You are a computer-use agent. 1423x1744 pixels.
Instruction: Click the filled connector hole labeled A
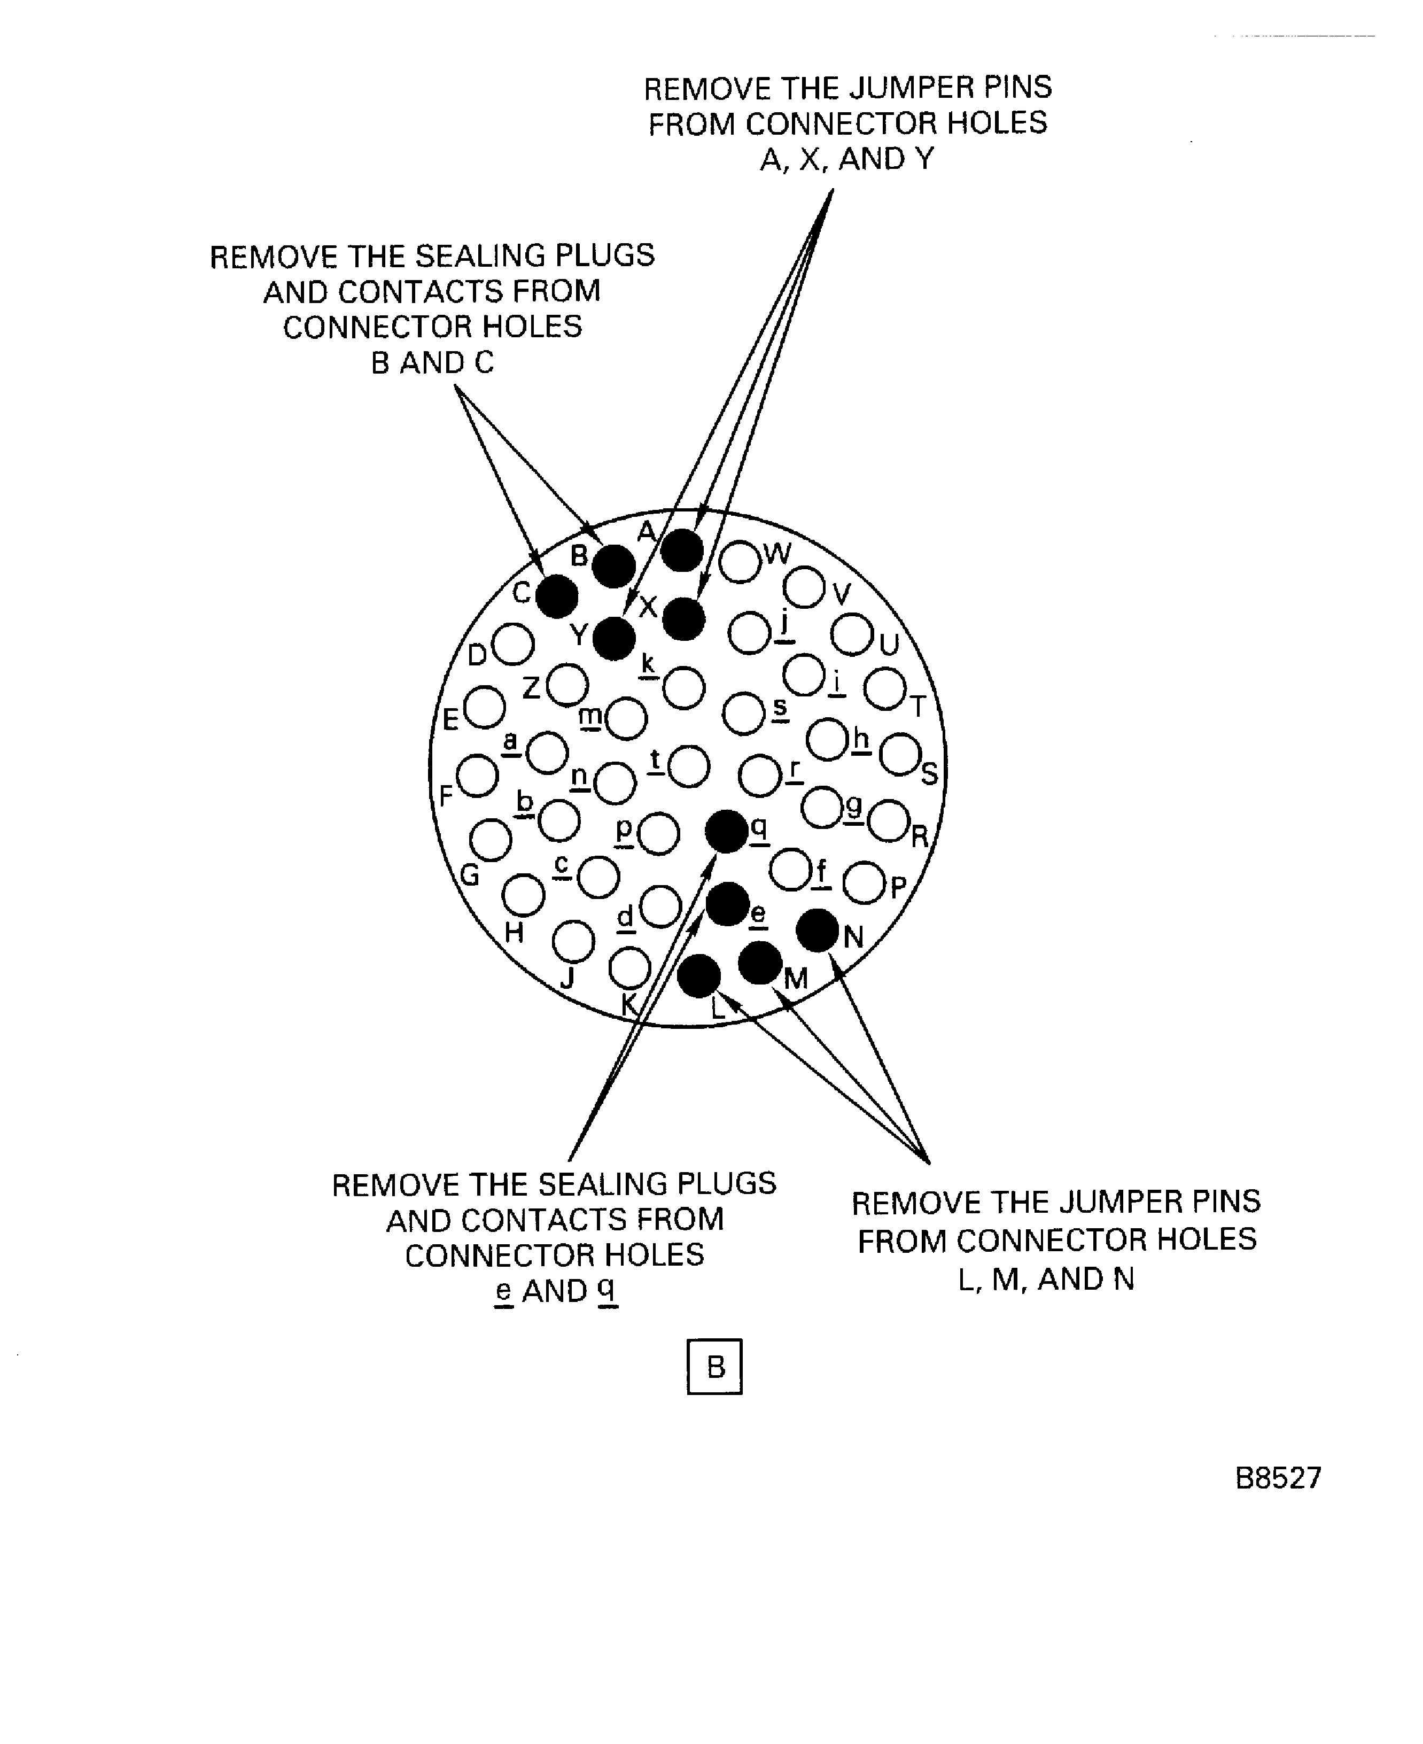pos(681,550)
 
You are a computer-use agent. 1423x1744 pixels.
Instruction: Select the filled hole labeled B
pos(613,567)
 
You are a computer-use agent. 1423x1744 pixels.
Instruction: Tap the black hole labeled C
pos(557,596)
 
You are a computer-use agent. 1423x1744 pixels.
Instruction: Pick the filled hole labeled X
pos(683,619)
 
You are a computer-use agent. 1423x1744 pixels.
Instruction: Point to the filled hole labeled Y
pos(614,639)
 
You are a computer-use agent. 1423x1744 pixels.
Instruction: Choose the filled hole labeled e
pos(727,904)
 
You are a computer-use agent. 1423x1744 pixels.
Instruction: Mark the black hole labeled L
pos(698,976)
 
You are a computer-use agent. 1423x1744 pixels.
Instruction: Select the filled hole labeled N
pos(817,931)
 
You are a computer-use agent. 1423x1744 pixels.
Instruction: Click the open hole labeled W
pos(740,562)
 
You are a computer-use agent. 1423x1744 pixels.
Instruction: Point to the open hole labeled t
pos(689,766)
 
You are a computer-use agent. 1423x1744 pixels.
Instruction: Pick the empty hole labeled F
pos(477,775)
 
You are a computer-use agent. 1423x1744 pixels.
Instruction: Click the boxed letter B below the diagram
pos(715,1367)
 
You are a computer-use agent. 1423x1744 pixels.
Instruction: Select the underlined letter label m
pos(589,716)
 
